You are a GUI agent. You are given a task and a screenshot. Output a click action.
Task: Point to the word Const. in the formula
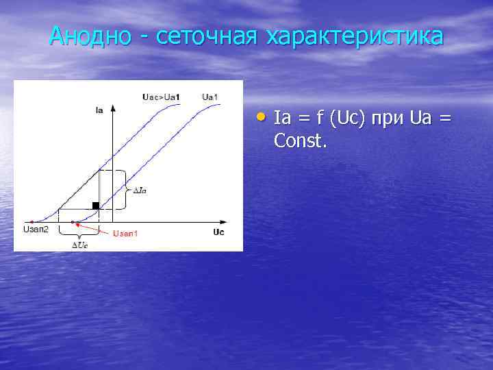(x=301, y=141)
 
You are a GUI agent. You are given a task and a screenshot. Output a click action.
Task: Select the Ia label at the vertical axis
(x=99, y=110)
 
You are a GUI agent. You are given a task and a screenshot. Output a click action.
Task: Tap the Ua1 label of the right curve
(x=210, y=97)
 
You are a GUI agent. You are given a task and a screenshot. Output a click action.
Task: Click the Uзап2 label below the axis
(x=36, y=229)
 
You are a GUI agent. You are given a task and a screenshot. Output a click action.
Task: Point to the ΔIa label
(x=139, y=190)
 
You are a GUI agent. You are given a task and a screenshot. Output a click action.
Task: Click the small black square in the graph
(x=96, y=205)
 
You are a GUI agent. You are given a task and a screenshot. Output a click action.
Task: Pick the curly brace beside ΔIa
(x=125, y=189)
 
